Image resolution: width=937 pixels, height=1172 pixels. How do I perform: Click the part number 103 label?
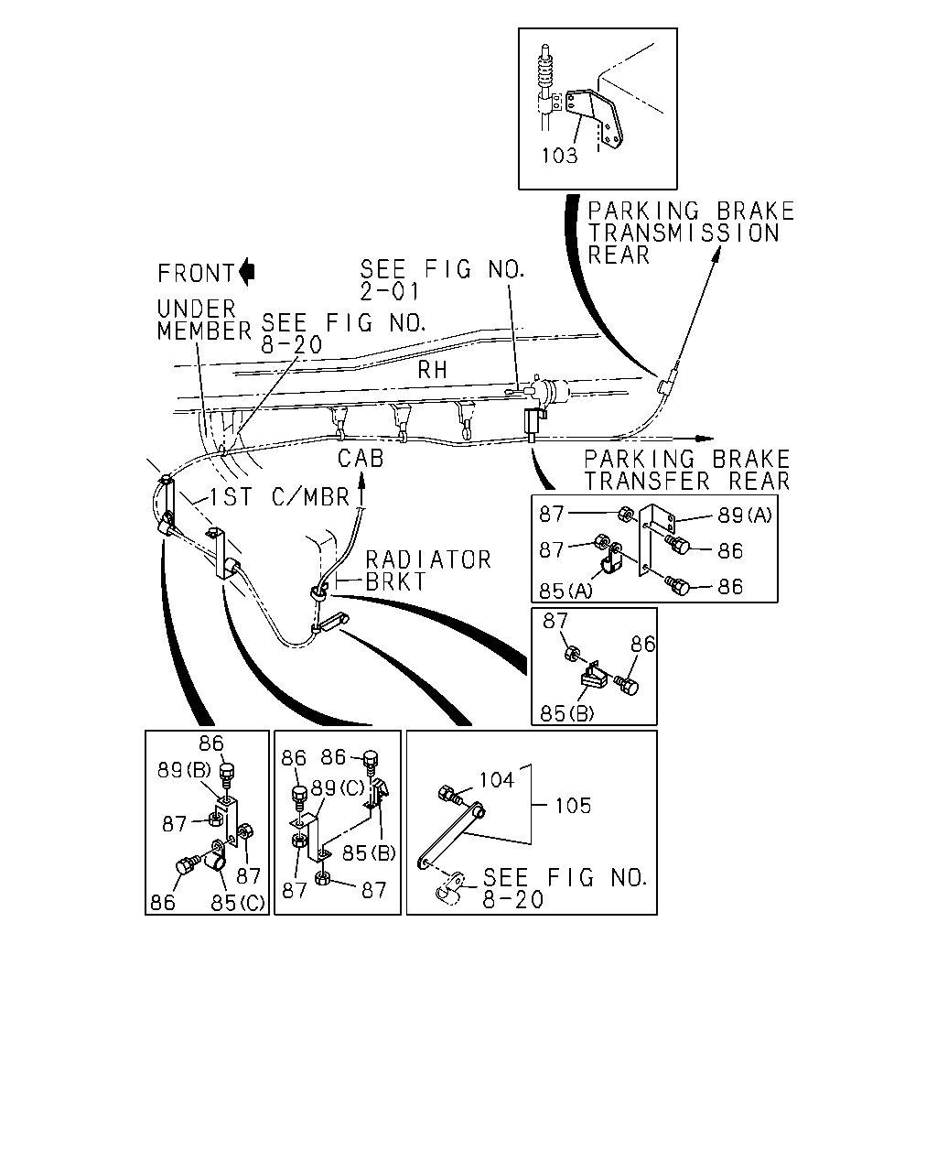tap(558, 156)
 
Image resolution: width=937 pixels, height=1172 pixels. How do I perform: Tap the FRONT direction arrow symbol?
tap(247, 271)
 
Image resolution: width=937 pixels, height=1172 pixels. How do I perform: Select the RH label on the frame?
tap(432, 370)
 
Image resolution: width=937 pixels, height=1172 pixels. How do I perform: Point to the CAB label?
tap(361, 458)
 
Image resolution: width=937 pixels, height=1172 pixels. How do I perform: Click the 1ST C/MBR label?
tap(279, 496)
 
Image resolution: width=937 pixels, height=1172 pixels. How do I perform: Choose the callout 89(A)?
tap(745, 515)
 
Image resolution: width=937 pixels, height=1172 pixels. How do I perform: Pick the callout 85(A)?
tap(565, 591)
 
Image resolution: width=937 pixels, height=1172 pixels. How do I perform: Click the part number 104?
tap(497, 780)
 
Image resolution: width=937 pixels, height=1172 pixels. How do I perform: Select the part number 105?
tap(573, 806)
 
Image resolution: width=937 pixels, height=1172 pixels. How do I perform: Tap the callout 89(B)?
tap(184, 769)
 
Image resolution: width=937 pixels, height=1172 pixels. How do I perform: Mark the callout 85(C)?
tap(237, 903)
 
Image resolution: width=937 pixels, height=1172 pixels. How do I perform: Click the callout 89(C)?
tap(338, 788)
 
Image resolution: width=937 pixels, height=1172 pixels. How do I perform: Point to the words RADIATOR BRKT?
tap(428, 570)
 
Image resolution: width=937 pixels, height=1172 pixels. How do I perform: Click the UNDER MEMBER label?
tap(204, 320)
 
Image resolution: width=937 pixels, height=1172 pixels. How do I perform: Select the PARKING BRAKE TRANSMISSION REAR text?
tap(691, 233)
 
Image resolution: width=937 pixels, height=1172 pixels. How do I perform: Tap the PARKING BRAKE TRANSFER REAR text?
tap(687, 470)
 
